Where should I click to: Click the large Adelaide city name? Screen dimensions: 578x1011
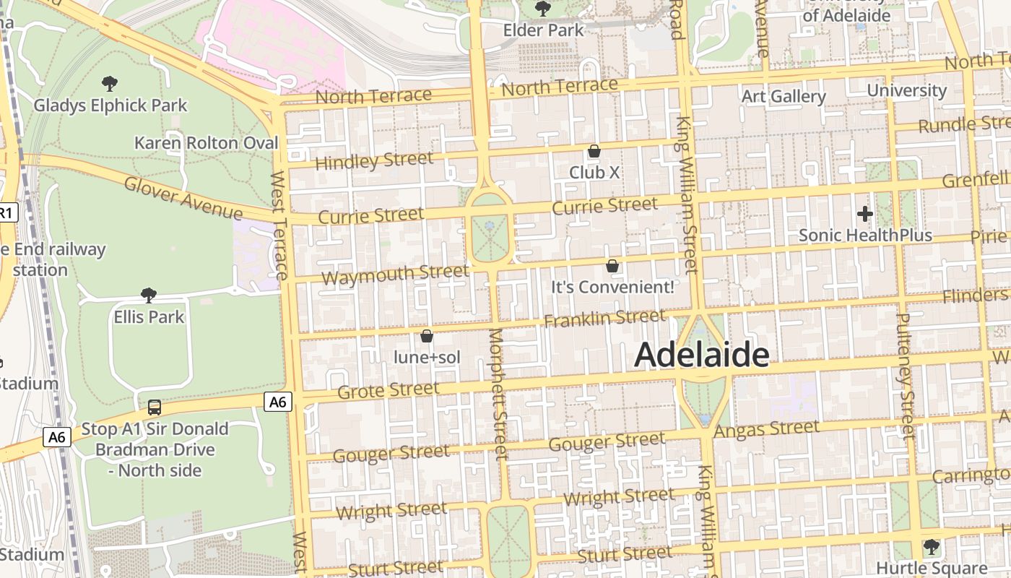(701, 355)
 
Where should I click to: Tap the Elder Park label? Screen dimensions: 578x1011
(543, 30)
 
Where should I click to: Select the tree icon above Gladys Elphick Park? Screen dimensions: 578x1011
(110, 84)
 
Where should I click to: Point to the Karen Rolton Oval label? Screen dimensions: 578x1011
(206, 143)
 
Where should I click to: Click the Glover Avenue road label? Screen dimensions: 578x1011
(183, 197)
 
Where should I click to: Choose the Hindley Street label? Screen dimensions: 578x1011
(374, 160)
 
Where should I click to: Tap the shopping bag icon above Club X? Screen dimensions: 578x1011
(594, 151)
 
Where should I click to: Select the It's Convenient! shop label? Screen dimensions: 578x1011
(612, 287)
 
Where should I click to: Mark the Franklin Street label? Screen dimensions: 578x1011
(604, 318)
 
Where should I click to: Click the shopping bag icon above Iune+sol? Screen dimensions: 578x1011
(426, 336)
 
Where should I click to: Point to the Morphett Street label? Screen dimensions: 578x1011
(498, 394)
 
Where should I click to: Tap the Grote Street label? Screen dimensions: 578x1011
(388, 391)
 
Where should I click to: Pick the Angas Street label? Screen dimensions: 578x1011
(766, 429)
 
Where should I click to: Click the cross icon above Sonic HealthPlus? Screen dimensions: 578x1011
(864, 214)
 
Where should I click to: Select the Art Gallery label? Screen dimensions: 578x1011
(784, 96)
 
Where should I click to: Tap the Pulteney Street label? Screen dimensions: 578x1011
(906, 376)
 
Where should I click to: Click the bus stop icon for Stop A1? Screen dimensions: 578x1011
(155, 407)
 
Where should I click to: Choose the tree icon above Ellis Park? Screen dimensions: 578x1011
(149, 295)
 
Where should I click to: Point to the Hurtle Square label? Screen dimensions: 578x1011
(932, 567)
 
